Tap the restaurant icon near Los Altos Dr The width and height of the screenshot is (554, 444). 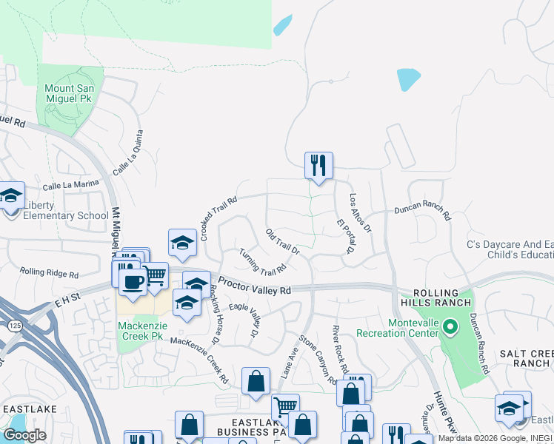pos(318,165)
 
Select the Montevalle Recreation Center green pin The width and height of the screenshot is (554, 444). pos(449,326)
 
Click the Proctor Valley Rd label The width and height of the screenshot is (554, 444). pos(255,288)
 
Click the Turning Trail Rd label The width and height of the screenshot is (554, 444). pos(262,260)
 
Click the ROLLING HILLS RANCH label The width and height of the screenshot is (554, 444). pos(436,297)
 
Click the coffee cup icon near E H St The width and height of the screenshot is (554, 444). pos(133,282)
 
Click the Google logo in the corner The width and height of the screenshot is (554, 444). pos(24,435)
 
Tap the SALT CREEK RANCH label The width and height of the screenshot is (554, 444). pos(524,359)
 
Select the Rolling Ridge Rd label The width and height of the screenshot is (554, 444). pos(49,273)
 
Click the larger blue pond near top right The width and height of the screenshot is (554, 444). pos(408,78)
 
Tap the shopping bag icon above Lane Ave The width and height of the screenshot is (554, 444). pos(256,382)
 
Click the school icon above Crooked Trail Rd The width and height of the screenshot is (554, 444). pos(182,242)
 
